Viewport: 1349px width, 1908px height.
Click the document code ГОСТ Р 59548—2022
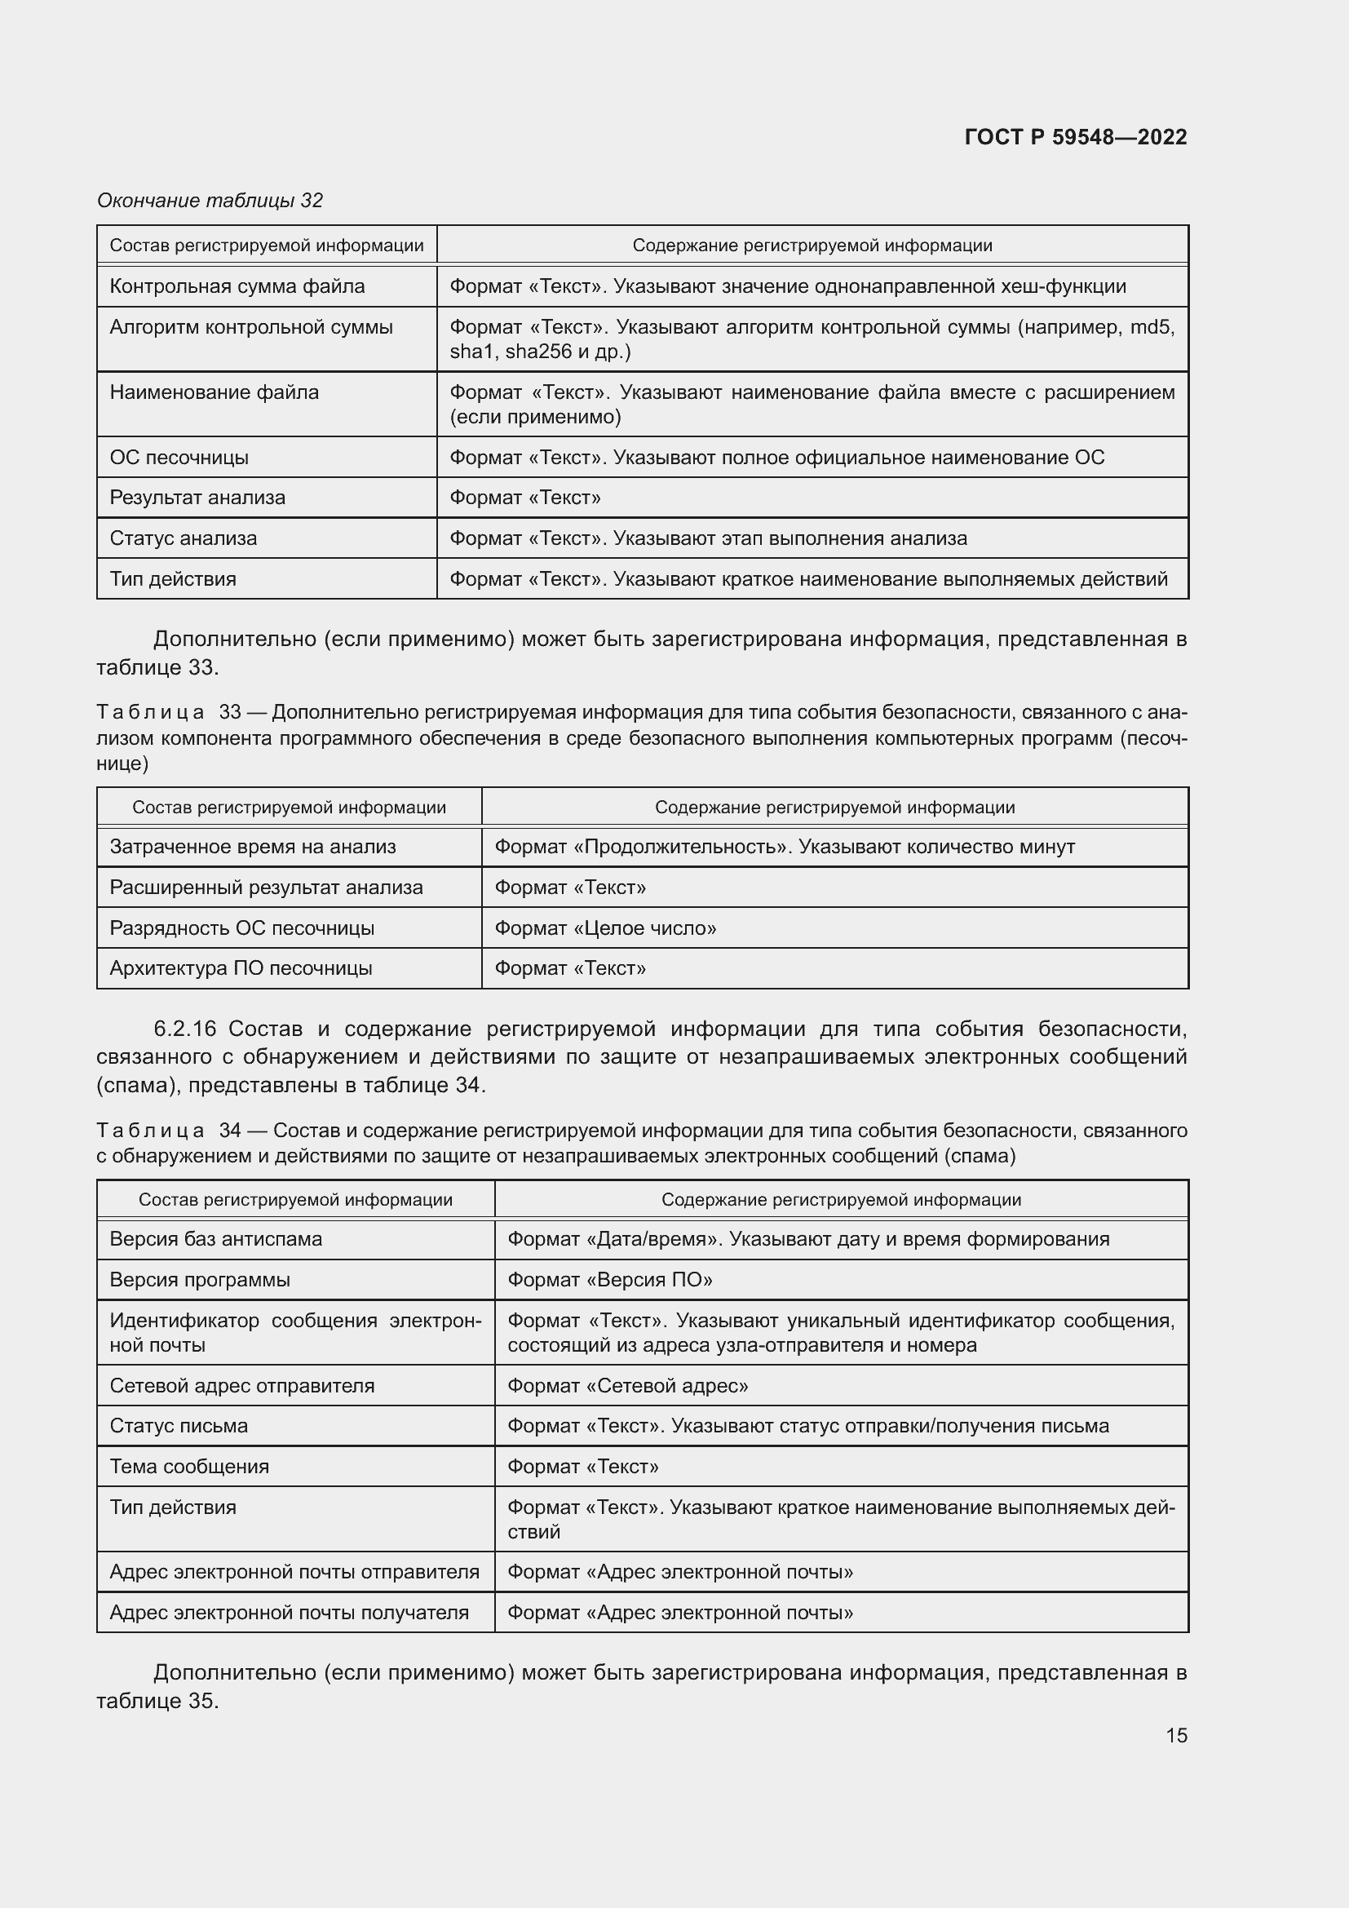[x=1075, y=137]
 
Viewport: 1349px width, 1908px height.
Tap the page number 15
[x=1176, y=1735]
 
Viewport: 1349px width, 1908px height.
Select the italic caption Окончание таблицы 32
[x=210, y=201]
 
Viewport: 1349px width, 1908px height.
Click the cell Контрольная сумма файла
[x=237, y=286]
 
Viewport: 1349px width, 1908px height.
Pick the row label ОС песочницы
[x=179, y=458]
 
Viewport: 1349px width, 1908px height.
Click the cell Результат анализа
[x=197, y=498]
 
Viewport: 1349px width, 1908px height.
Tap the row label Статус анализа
[x=183, y=538]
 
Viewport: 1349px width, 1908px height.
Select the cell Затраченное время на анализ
[x=253, y=847]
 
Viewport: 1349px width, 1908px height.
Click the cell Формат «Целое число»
[x=604, y=928]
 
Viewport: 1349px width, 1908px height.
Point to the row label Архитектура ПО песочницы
[x=241, y=968]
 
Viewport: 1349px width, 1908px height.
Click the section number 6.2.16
[x=184, y=1029]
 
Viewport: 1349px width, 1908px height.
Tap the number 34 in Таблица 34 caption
[x=230, y=1130]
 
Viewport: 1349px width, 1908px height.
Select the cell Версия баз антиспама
[x=215, y=1239]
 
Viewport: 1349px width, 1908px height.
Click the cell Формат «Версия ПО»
[x=609, y=1280]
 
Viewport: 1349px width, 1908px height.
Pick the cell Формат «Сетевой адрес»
[x=627, y=1385]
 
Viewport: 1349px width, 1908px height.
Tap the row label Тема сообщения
[x=189, y=1466]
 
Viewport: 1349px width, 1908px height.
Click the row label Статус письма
[x=179, y=1426]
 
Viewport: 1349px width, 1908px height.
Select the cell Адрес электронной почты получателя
[x=289, y=1612]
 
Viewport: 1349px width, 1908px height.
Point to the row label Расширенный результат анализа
[x=266, y=888]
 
